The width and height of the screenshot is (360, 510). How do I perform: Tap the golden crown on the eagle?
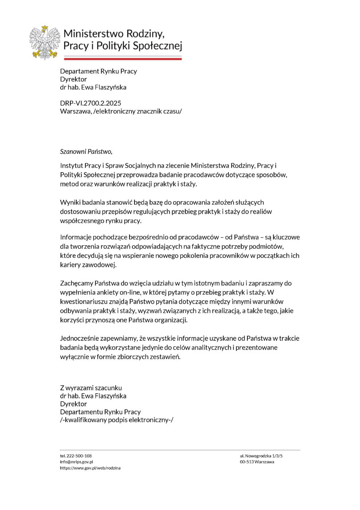(x=45, y=28)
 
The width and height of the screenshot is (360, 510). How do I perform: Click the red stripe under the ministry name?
(x=123, y=59)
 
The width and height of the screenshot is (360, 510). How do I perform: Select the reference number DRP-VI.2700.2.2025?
(x=91, y=103)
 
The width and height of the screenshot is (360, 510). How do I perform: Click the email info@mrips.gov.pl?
(x=77, y=462)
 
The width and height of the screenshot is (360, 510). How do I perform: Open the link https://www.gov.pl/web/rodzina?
(x=90, y=468)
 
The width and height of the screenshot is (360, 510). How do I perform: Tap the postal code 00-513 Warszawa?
(x=257, y=462)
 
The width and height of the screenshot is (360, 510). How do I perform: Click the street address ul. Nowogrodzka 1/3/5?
(x=261, y=456)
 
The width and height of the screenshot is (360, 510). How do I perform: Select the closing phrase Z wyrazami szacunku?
(x=91, y=388)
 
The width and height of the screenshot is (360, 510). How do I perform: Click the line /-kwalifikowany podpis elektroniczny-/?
(x=117, y=420)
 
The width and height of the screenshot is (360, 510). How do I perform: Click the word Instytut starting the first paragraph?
(x=71, y=166)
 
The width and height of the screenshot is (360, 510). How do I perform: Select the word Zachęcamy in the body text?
(x=76, y=283)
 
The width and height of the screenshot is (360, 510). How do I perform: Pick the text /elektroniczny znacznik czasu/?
(x=137, y=111)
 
